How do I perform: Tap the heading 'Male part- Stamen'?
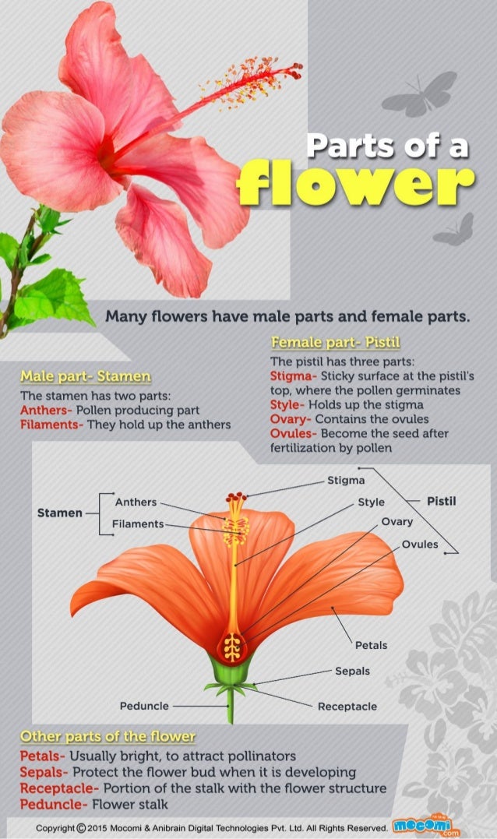pyautogui.click(x=86, y=377)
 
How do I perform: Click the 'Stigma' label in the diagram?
pyautogui.click(x=346, y=481)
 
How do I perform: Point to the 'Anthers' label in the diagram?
pyautogui.click(x=136, y=502)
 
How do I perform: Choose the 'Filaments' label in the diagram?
pyautogui.click(x=137, y=523)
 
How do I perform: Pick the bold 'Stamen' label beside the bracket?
pyautogui.click(x=60, y=513)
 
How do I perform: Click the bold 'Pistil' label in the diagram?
pyautogui.click(x=442, y=501)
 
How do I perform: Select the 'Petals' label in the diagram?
pyautogui.click(x=371, y=645)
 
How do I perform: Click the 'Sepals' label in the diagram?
pyautogui.click(x=352, y=671)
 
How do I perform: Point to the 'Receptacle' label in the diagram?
pyautogui.click(x=347, y=707)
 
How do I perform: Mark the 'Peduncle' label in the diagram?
pyautogui.click(x=144, y=706)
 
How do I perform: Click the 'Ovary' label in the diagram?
pyautogui.click(x=397, y=522)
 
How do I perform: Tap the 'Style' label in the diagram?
pyautogui.click(x=371, y=502)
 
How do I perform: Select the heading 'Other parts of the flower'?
pyautogui.click(x=108, y=736)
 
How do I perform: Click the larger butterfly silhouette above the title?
pyautogui.click(x=421, y=93)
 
